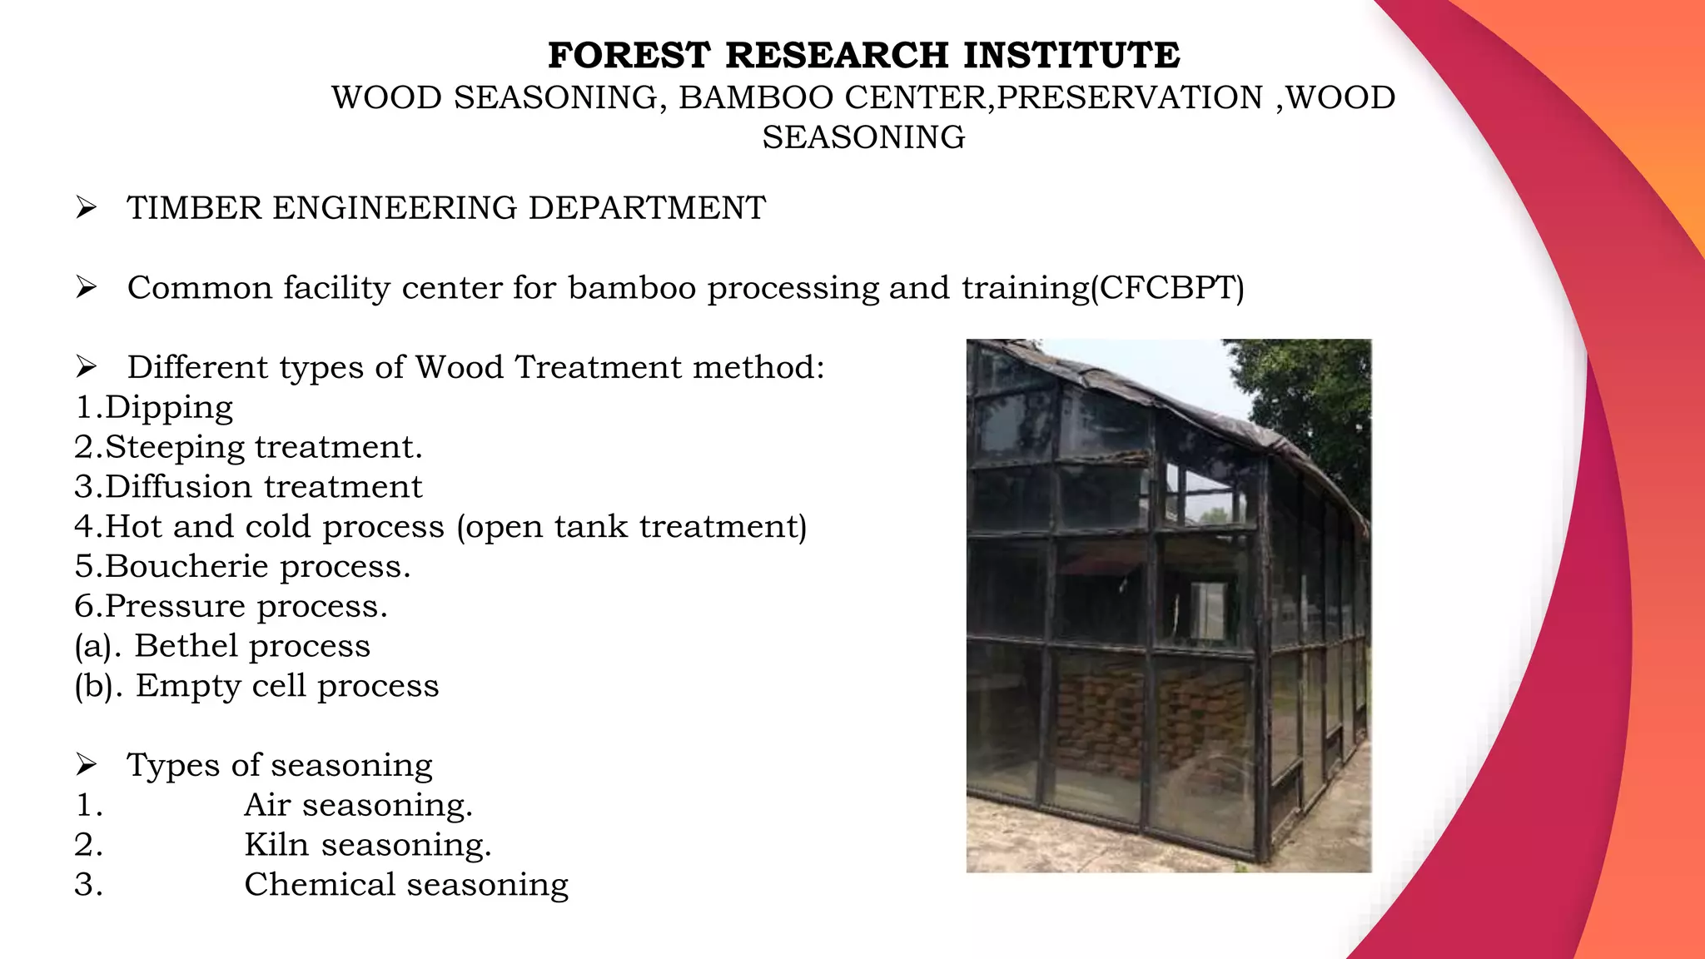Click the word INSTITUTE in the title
click(1071, 56)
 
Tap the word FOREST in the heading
click(629, 56)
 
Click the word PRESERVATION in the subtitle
click(1131, 98)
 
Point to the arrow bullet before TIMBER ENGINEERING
click(86, 208)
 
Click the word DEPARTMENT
click(647, 208)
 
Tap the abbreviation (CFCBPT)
click(1167, 288)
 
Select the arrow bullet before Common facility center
click(86, 288)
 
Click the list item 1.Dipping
click(154, 407)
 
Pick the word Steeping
click(175, 447)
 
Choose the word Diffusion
click(179, 487)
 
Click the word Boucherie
click(186, 566)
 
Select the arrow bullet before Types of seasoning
click(86, 765)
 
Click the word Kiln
click(276, 845)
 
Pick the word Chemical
click(319, 885)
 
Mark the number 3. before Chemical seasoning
click(88, 885)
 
